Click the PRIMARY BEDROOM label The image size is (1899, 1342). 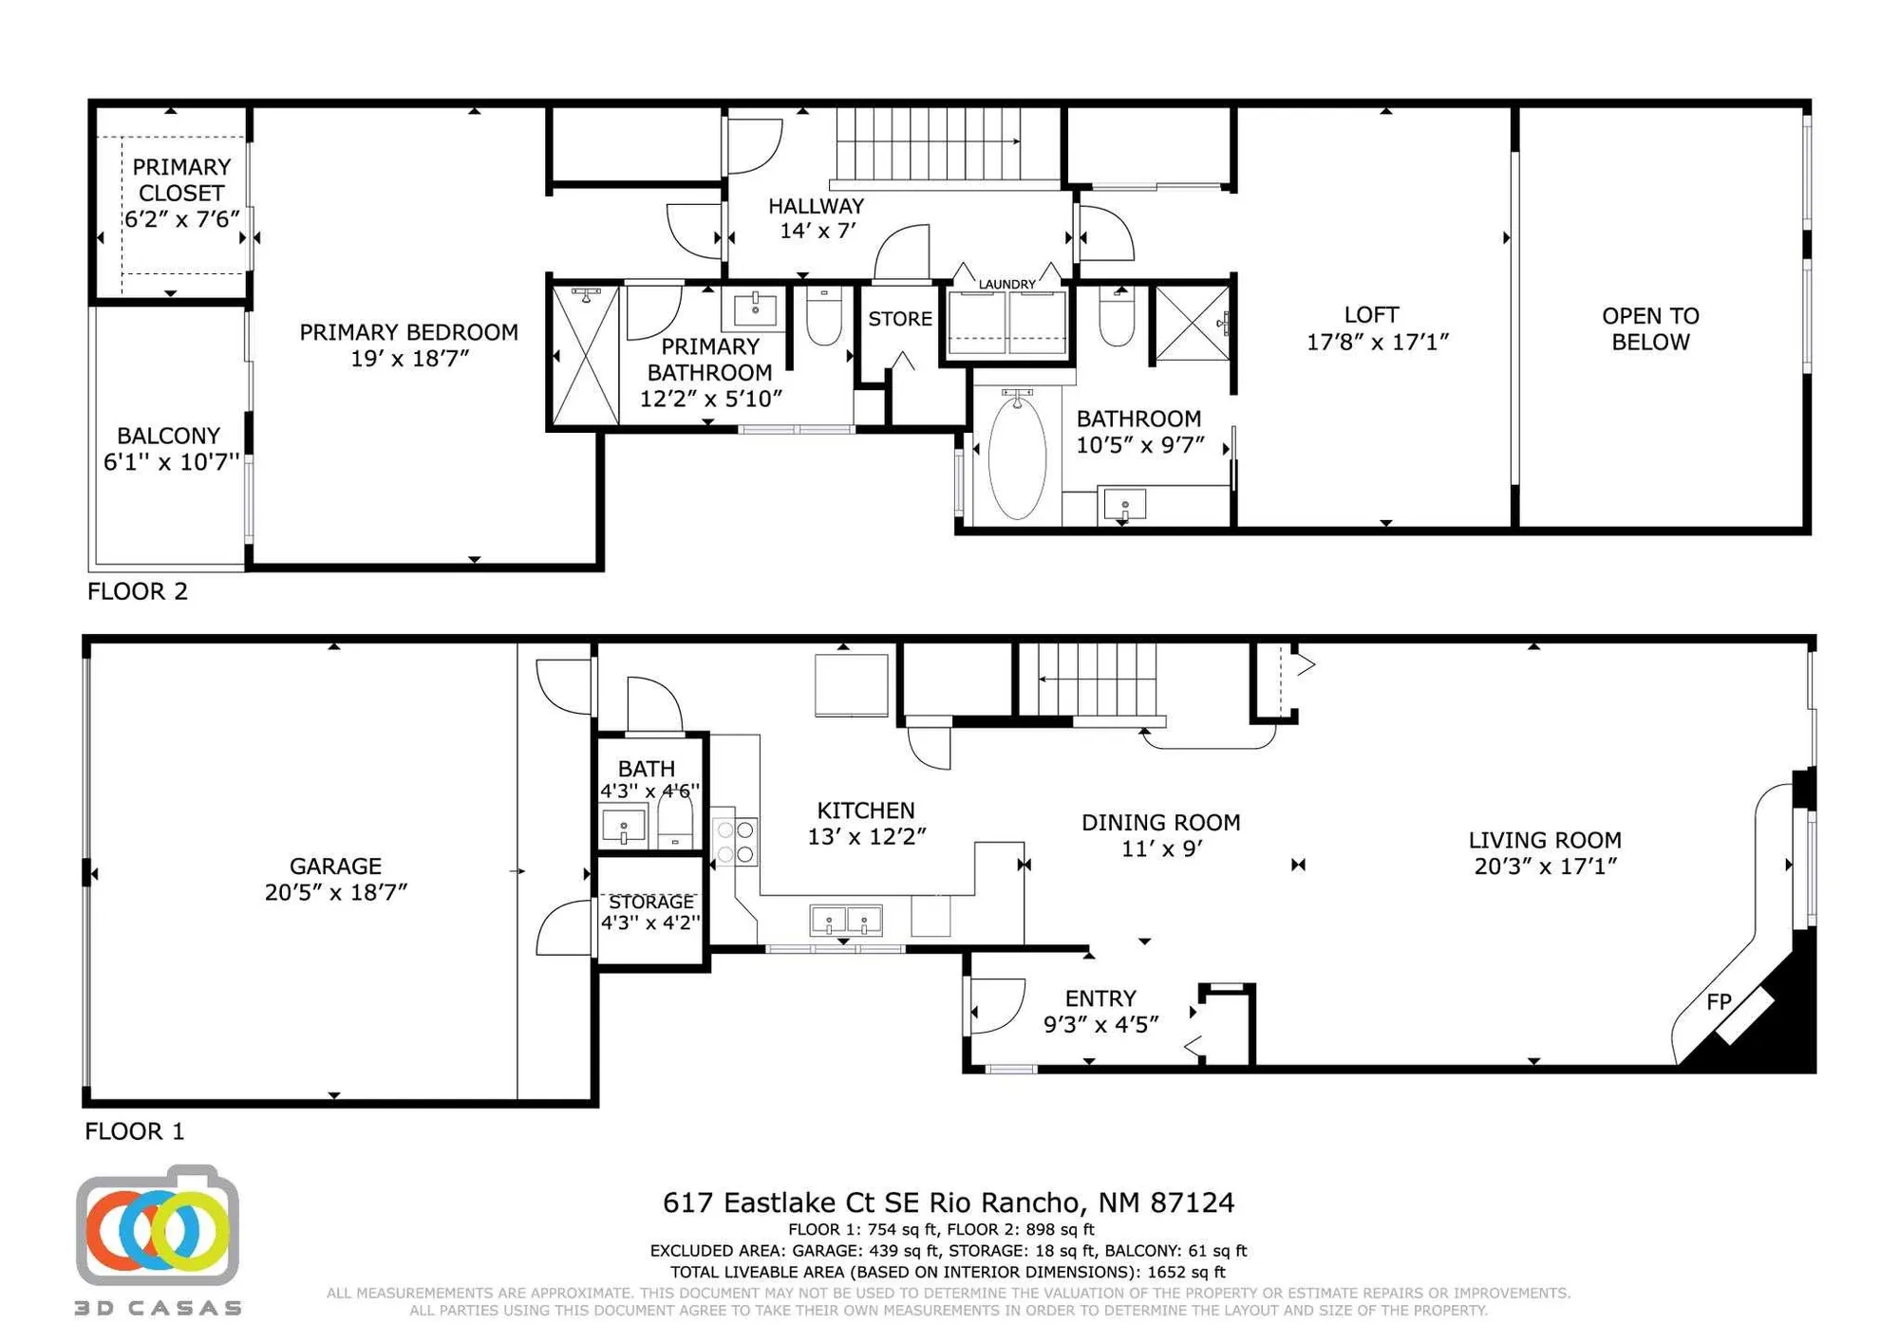(408, 332)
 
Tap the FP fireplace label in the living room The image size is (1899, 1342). (1719, 1001)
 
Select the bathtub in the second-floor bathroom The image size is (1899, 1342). (1017, 458)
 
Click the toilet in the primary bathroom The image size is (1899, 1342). (823, 317)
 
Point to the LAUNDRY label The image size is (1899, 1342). (1006, 284)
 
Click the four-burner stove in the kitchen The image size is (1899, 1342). (735, 842)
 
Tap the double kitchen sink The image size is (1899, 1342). (845, 920)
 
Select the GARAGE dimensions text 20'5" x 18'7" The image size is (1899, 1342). (335, 892)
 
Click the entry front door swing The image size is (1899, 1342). (997, 1004)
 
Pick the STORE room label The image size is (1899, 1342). (899, 319)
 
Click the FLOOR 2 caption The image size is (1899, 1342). (138, 591)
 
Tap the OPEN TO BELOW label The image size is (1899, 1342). (1650, 328)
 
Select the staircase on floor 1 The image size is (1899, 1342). (1097, 680)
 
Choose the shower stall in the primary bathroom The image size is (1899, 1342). (585, 356)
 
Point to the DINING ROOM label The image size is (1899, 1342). (1160, 823)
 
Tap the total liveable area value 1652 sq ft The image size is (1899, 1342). (1186, 1272)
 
